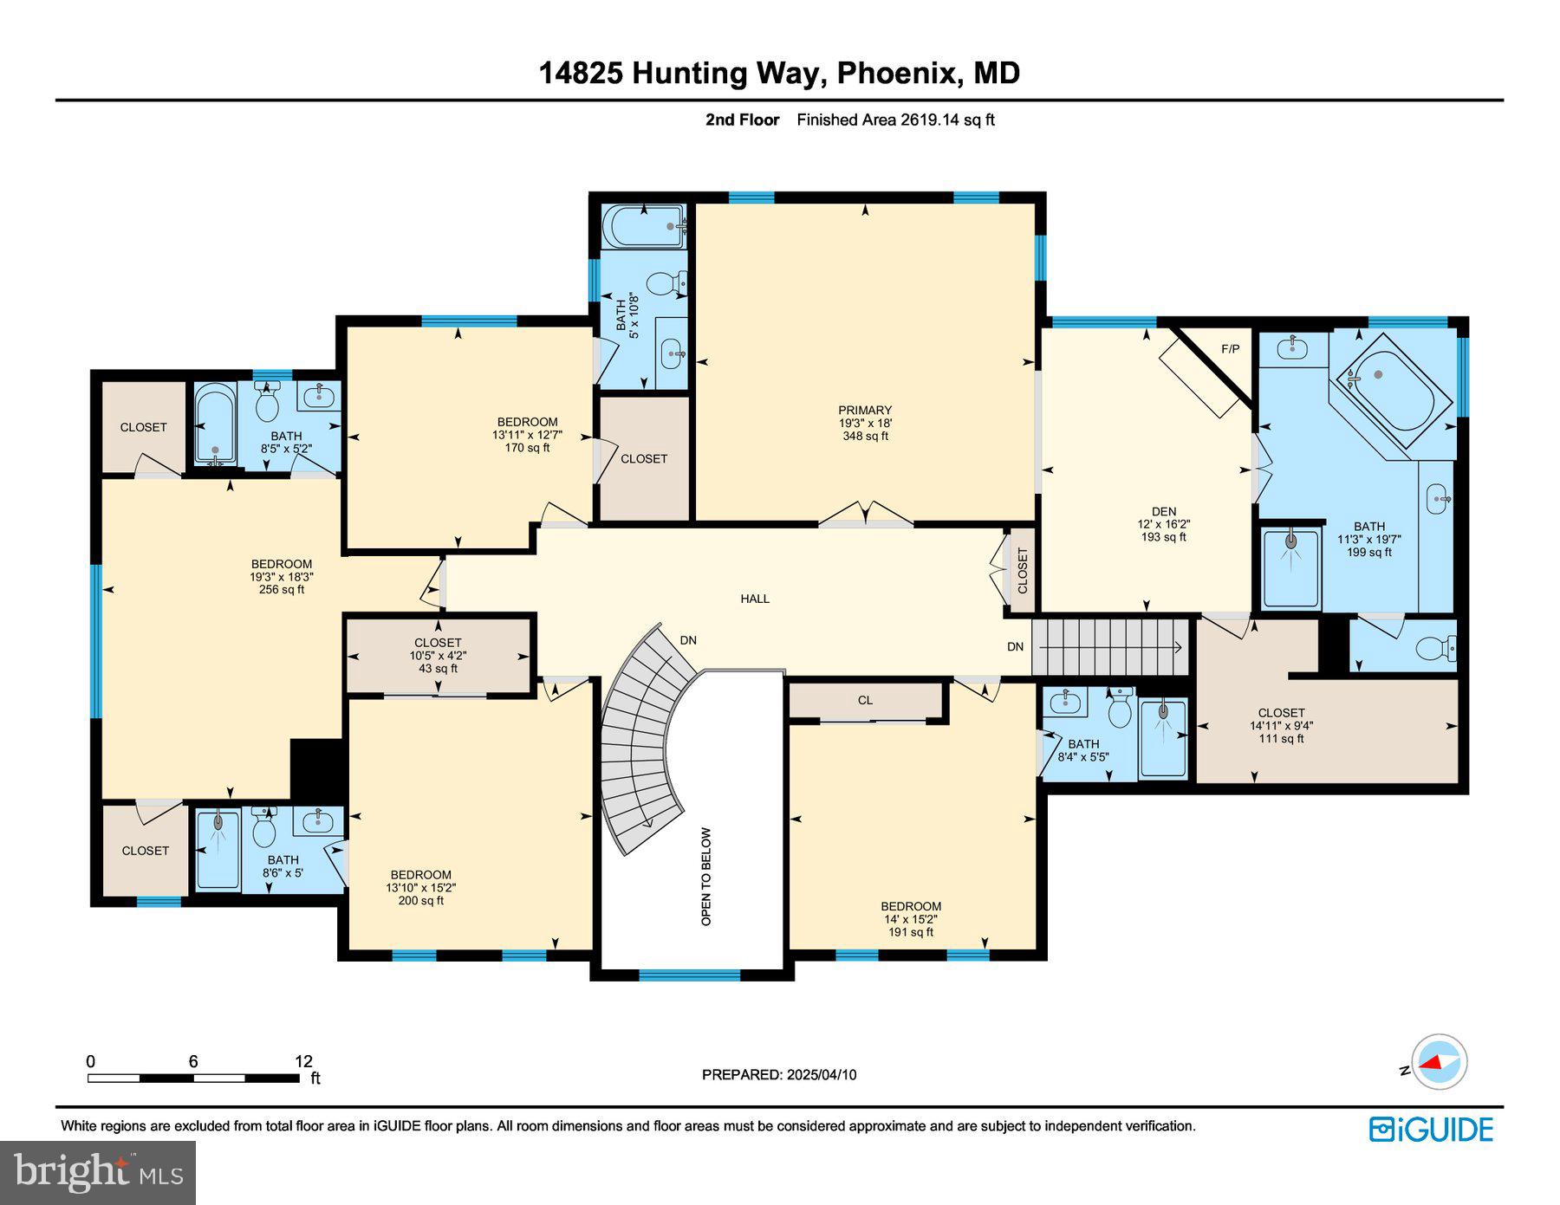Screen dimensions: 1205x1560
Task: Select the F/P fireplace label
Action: point(1230,349)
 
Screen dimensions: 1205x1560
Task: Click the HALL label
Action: point(755,599)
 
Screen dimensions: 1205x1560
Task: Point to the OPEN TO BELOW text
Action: point(706,877)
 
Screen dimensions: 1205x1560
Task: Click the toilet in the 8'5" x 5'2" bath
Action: point(267,405)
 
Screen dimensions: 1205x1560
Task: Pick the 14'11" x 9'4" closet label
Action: point(1281,726)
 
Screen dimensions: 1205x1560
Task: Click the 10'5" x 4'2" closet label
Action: point(438,656)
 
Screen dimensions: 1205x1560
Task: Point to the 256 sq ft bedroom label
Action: point(282,576)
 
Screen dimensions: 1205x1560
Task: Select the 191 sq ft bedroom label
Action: point(911,919)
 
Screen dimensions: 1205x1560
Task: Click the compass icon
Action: point(1439,1061)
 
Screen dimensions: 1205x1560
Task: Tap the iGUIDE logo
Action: point(1431,1130)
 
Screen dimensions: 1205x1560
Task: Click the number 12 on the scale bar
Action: point(303,1061)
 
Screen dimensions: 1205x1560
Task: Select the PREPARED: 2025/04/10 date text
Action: point(778,1074)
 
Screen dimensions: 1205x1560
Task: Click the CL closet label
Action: point(865,700)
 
